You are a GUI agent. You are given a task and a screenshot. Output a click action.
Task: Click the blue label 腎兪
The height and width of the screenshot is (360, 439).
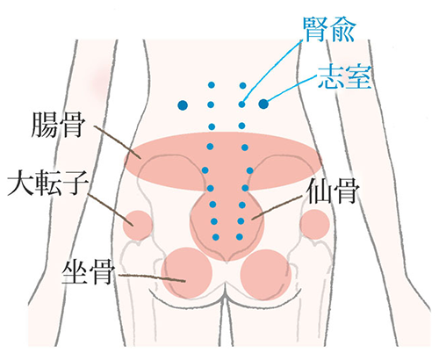(x=329, y=30)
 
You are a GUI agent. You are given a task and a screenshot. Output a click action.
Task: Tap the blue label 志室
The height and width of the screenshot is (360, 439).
(x=344, y=77)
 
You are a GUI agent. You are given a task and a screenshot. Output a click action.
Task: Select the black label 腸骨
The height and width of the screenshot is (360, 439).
(x=58, y=126)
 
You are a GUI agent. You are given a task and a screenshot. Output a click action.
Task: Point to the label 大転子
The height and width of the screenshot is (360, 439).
(x=47, y=184)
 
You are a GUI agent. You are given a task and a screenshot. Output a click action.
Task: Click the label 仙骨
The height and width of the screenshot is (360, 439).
(x=333, y=191)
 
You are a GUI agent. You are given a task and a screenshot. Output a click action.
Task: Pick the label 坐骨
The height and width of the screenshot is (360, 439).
(x=88, y=273)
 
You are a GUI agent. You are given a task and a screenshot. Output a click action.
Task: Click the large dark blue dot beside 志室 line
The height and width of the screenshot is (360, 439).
(x=263, y=104)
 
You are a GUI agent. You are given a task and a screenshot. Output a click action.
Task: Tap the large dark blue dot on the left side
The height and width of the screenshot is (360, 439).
(x=183, y=104)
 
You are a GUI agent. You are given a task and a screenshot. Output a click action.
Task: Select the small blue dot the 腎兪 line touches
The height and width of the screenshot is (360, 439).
(x=241, y=104)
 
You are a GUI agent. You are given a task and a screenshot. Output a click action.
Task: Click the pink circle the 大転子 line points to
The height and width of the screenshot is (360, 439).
(x=138, y=226)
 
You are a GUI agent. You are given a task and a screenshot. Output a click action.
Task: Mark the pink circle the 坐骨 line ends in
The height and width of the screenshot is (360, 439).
(x=187, y=273)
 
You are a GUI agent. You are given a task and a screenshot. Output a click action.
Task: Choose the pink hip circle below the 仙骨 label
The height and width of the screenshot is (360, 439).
(x=315, y=225)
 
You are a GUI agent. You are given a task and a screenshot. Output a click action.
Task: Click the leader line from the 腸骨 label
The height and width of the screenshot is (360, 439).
(x=118, y=142)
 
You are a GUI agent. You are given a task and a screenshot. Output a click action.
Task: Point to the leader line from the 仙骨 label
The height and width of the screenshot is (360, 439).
(x=277, y=208)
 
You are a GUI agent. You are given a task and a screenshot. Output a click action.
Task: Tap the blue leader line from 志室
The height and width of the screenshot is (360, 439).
(x=291, y=89)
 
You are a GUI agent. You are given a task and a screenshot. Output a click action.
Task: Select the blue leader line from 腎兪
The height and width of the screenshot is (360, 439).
(x=273, y=71)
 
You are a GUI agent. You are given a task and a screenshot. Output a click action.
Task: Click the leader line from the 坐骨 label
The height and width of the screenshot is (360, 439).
(x=152, y=277)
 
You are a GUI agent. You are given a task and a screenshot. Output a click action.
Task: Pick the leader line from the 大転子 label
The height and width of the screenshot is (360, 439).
(x=111, y=210)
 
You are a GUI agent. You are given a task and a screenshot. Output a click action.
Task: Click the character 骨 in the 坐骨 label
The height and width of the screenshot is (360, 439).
(x=102, y=273)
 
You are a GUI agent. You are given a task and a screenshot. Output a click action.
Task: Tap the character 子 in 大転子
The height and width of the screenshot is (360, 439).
(x=76, y=184)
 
